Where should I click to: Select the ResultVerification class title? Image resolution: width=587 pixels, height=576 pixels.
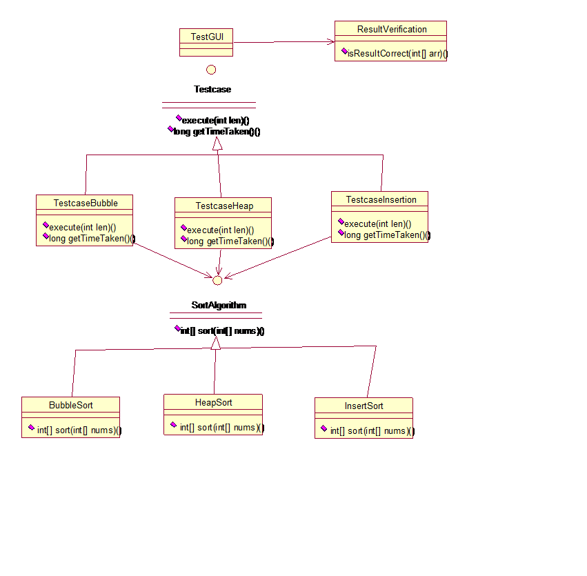(x=391, y=29)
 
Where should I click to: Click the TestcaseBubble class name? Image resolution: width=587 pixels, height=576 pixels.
(x=86, y=203)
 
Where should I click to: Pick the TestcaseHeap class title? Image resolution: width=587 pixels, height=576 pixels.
(x=224, y=206)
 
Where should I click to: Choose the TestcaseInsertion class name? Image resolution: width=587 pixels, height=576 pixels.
(x=381, y=199)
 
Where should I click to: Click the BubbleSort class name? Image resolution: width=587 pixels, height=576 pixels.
(x=71, y=405)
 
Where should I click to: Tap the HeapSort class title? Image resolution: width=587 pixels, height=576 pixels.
(x=213, y=402)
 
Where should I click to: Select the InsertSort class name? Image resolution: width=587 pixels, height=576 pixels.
(x=364, y=406)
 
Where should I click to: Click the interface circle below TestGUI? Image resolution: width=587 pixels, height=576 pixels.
(x=211, y=70)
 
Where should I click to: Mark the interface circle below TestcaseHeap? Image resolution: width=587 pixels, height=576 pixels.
(x=217, y=280)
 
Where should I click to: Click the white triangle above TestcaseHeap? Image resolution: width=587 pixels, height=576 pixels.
(x=217, y=143)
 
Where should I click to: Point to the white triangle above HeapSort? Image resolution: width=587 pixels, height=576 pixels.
(x=215, y=344)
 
